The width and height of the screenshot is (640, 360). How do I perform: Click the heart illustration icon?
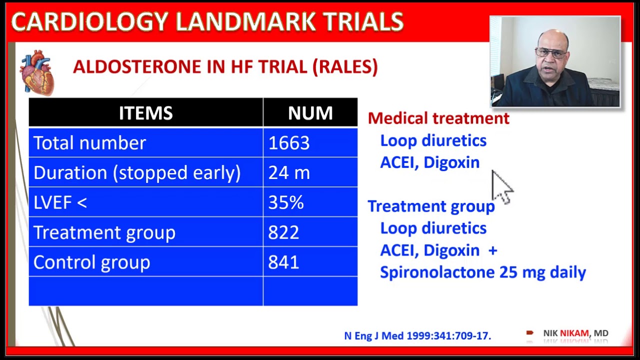(x=36, y=73)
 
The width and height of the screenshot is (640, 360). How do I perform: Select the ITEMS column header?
(x=145, y=113)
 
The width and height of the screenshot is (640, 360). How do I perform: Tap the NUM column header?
(x=310, y=113)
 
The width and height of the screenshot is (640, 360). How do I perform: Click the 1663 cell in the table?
(x=289, y=143)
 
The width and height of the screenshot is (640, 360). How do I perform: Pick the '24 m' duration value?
(x=289, y=173)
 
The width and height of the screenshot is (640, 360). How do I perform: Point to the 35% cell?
(x=286, y=202)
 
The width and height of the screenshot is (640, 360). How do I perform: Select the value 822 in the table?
(x=283, y=232)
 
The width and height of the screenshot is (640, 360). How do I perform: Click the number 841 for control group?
(x=283, y=262)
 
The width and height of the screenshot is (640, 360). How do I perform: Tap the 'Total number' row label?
(x=89, y=143)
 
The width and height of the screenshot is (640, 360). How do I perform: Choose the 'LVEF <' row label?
(x=60, y=202)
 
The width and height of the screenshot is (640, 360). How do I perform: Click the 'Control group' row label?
(x=91, y=262)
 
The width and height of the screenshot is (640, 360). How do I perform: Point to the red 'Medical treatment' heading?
(x=438, y=118)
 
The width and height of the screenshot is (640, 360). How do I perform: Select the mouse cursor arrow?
(x=501, y=186)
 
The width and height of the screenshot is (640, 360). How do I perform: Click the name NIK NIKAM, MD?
(x=575, y=333)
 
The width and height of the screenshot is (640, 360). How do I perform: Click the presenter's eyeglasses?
(x=551, y=52)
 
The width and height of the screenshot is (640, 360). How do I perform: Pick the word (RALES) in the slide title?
(x=345, y=66)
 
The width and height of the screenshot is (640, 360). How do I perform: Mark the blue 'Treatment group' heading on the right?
(x=431, y=206)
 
